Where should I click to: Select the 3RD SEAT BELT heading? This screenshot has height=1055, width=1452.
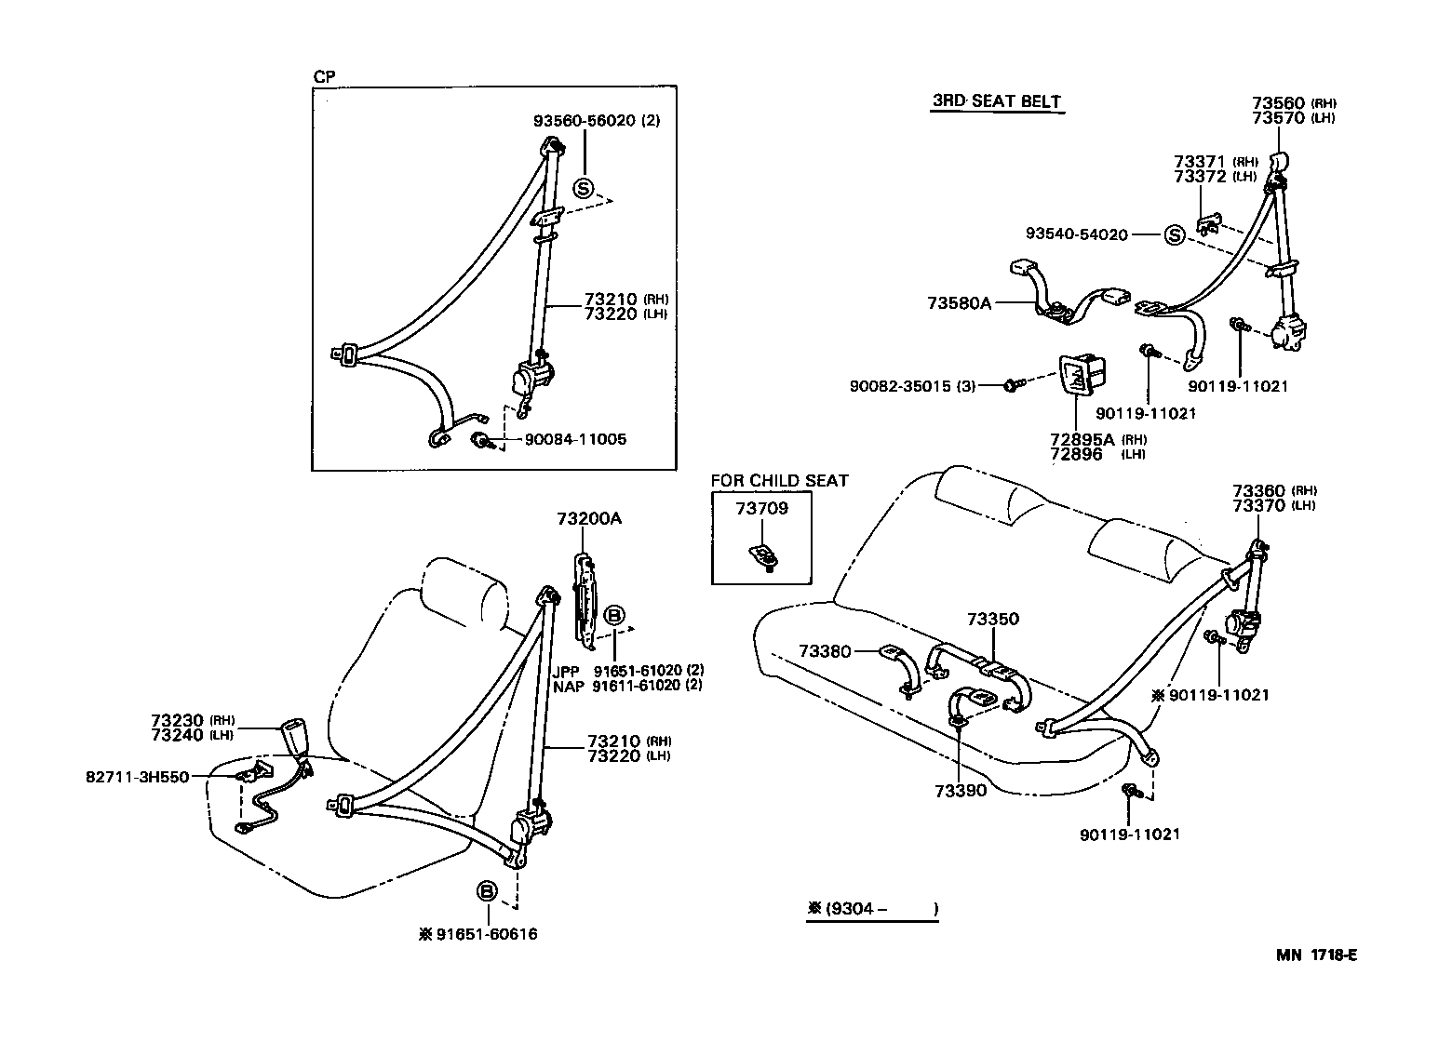point(996,102)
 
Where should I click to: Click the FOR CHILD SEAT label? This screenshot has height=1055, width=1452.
point(779,481)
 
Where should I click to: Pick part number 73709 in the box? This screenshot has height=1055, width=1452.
point(761,508)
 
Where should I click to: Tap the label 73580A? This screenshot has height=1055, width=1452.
point(959,303)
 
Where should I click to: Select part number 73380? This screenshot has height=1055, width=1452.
point(825,651)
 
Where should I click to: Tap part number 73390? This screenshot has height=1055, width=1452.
point(961,791)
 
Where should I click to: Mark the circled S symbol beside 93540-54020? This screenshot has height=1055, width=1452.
point(1174,235)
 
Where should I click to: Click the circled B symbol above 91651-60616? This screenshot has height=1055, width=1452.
point(486,891)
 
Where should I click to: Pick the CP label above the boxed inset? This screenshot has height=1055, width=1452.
point(324,77)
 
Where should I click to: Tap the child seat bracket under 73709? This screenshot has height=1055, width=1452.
point(763,556)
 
